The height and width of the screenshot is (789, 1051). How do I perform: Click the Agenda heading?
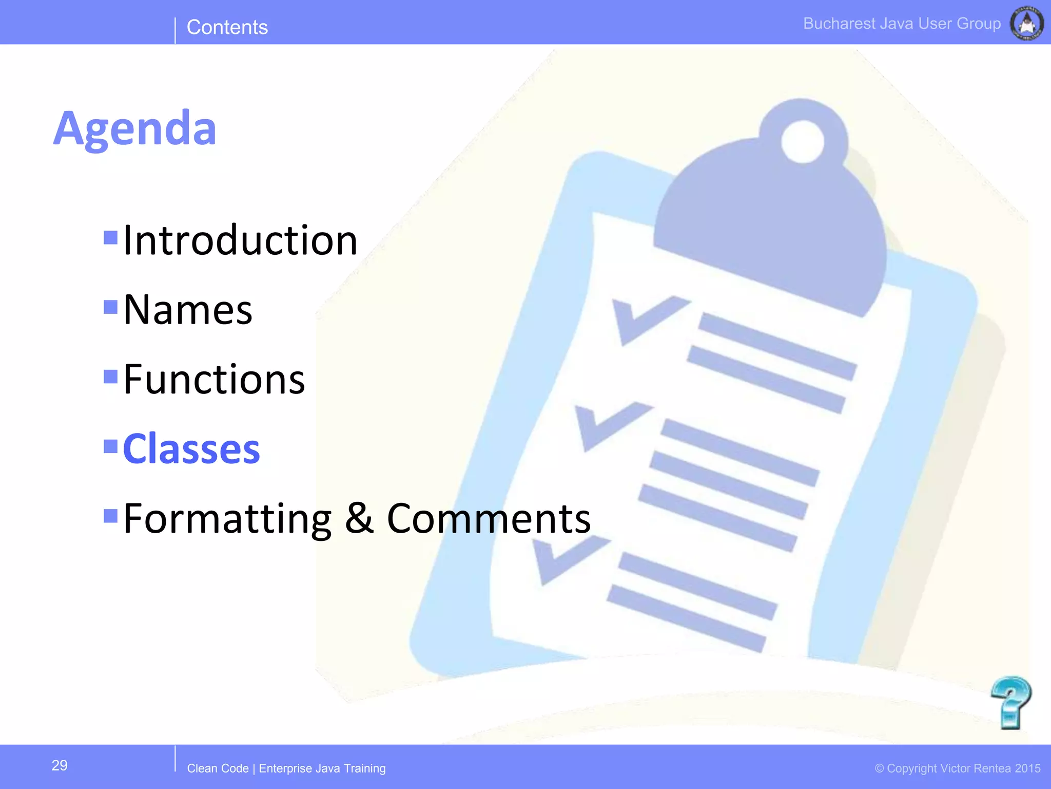point(135,128)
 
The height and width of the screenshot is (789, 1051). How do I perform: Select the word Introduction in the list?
point(240,240)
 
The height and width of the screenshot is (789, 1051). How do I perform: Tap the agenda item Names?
point(188,310)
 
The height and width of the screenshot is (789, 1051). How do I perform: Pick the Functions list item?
point(214,379)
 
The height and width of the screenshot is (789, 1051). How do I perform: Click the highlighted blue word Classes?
point(191,449)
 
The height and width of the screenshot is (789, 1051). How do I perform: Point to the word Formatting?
point(227,519)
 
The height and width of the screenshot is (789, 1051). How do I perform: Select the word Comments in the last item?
point(489,519)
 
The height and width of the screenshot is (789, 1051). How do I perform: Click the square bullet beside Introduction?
point(110,237)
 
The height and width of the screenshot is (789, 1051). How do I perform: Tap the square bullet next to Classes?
point(110,446)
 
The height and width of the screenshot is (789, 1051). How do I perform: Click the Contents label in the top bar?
point(227,27)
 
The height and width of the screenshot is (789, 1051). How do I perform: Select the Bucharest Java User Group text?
point(902,24)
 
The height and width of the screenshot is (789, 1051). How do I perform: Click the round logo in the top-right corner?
point(1026,23)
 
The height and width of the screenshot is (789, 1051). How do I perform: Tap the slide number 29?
point(60,765)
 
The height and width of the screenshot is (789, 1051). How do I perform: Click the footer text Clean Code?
point(218,768)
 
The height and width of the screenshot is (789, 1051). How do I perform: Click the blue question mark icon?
point(1010,703)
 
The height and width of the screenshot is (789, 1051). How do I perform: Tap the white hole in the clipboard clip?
point(802,141)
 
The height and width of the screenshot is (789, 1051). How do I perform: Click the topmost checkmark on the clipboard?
point(647,318)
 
